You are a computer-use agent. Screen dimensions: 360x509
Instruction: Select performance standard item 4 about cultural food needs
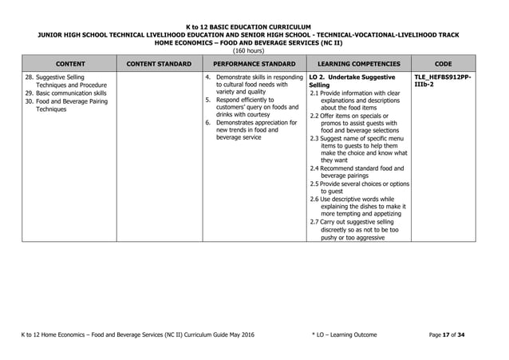[255, 85]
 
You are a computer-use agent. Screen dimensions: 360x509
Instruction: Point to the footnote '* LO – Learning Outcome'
[345, 334]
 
